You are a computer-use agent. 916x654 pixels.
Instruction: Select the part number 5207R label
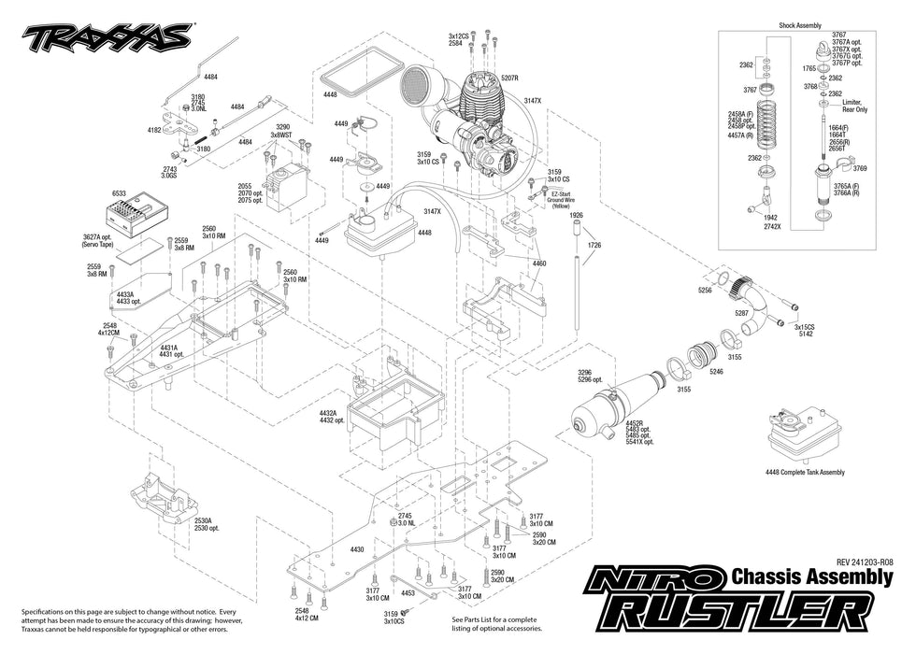(511, 78)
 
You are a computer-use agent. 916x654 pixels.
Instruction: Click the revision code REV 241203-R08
(865, 562)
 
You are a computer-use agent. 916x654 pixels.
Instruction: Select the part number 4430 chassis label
(356, 549)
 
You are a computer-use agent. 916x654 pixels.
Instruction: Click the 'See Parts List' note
(494, 623)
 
